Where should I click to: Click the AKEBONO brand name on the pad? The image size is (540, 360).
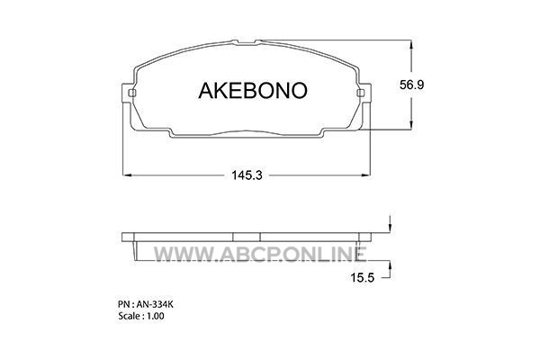[x=252, y=91]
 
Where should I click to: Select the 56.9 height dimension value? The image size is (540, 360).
[x=411, y=85]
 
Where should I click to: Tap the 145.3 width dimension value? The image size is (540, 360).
[x=247, y=175]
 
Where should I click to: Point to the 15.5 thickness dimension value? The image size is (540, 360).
[x=363, y=277]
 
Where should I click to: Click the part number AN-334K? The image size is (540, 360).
[x=155, y=304]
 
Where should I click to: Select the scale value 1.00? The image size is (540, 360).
[x=156, y=316]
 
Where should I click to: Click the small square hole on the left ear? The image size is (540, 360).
[x=132, y=93]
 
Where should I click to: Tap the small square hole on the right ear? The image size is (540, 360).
[x=361, y=93]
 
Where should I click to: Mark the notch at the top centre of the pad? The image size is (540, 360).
[x=247, y=42]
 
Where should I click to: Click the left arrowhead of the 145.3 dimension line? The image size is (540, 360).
[x=128, y=175]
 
